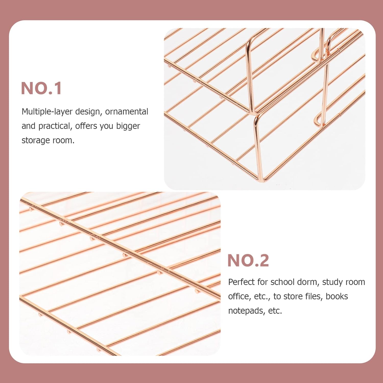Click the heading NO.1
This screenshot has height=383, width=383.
(x=41, y=88)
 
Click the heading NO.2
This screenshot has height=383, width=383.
(x=248, y=260)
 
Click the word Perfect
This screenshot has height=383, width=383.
(x=241, y=282)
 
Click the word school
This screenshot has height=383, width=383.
(x=282, y=282)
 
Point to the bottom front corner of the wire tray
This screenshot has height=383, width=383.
(x=262, y=179)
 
